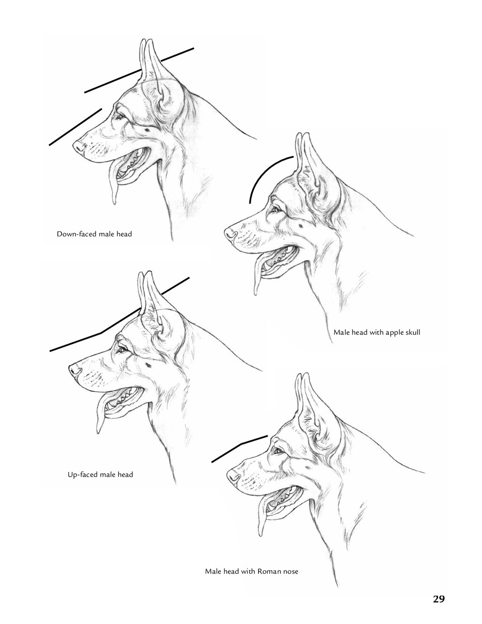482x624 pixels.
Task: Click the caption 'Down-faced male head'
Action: (95, 234)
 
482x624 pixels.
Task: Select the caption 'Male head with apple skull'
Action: (377, 332)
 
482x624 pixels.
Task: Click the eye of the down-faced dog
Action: (120, 117)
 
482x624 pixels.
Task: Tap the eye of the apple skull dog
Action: (277, 210)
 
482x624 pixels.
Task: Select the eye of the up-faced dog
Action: (123, 349)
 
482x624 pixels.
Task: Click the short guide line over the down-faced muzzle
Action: (75, 127)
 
